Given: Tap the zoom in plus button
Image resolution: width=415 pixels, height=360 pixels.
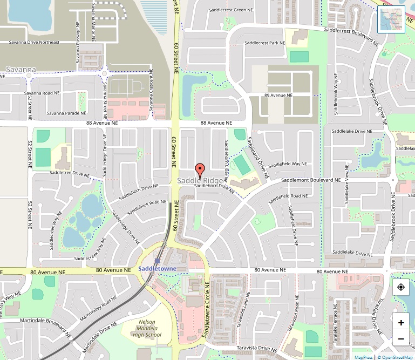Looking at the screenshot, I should (401, 323).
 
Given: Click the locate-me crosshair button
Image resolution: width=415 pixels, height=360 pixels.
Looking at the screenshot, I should (401, 287).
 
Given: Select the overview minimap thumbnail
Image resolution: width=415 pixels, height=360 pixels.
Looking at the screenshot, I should (391, 19).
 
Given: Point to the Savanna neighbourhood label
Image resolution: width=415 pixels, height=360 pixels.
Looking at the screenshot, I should (21, 70).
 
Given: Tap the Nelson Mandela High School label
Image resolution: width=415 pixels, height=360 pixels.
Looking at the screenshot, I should (146, 328).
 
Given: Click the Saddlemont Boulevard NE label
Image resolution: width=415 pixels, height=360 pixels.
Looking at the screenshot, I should (311, 180).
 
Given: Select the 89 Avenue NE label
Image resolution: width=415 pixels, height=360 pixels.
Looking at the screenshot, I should (278, 95).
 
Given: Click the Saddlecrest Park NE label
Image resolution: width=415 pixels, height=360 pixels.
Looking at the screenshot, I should (264, 43).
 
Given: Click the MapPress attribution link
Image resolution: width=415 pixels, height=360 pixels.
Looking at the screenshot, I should (364, 357).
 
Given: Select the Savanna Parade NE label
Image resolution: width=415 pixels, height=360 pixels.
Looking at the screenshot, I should (66, 113).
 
